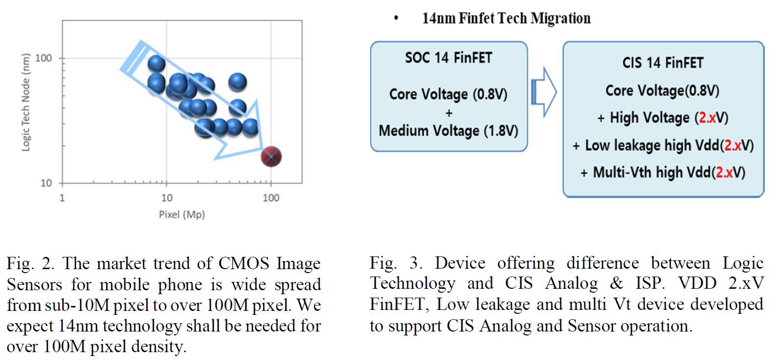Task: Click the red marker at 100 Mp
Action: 271,157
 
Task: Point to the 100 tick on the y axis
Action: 44,58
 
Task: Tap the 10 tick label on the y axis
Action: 46,183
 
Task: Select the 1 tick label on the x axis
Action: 62,198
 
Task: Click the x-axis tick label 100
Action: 271,198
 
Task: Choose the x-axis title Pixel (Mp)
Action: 182,215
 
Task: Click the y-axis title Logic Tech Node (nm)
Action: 26,102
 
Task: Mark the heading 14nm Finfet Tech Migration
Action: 506,19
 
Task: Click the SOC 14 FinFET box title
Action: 448,58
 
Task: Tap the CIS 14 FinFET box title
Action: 663,63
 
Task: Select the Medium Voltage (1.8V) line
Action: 448,131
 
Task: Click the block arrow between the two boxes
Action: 544,92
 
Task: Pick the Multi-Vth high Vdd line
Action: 663,172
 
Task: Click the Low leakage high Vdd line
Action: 663,145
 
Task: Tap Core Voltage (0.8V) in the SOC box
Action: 448,94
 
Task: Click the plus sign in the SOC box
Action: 449,113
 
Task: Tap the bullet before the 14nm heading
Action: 396,19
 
